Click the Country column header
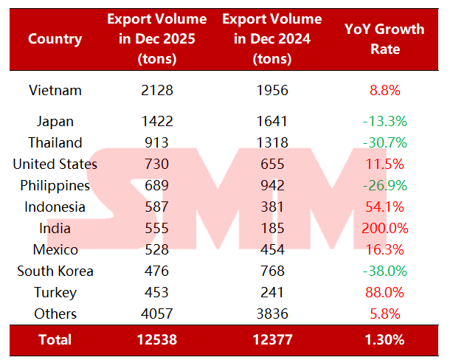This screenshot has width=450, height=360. click(55, 39)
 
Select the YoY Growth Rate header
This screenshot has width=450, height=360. click(384, 39)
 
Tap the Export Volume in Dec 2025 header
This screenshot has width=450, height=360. click(156, 39)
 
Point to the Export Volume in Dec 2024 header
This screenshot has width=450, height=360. click(272, 39)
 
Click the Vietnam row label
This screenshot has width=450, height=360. click(55, 91)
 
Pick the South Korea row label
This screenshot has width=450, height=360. click(55, 271)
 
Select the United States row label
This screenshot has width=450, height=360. click(55, 164)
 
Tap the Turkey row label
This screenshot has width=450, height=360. click(55, 292)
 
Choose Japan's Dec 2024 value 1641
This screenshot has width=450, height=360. click(272, 121)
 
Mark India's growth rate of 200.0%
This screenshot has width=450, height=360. click(384, 228)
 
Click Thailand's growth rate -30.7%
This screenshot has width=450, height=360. click(384, 142)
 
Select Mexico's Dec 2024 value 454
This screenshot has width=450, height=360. click(272, 249)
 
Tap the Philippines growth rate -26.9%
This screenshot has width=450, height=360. click(384, 185)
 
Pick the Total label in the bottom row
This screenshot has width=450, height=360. click(55, 340)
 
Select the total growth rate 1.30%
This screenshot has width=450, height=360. click(384, 340)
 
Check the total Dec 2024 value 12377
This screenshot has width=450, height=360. click(272, 340)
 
